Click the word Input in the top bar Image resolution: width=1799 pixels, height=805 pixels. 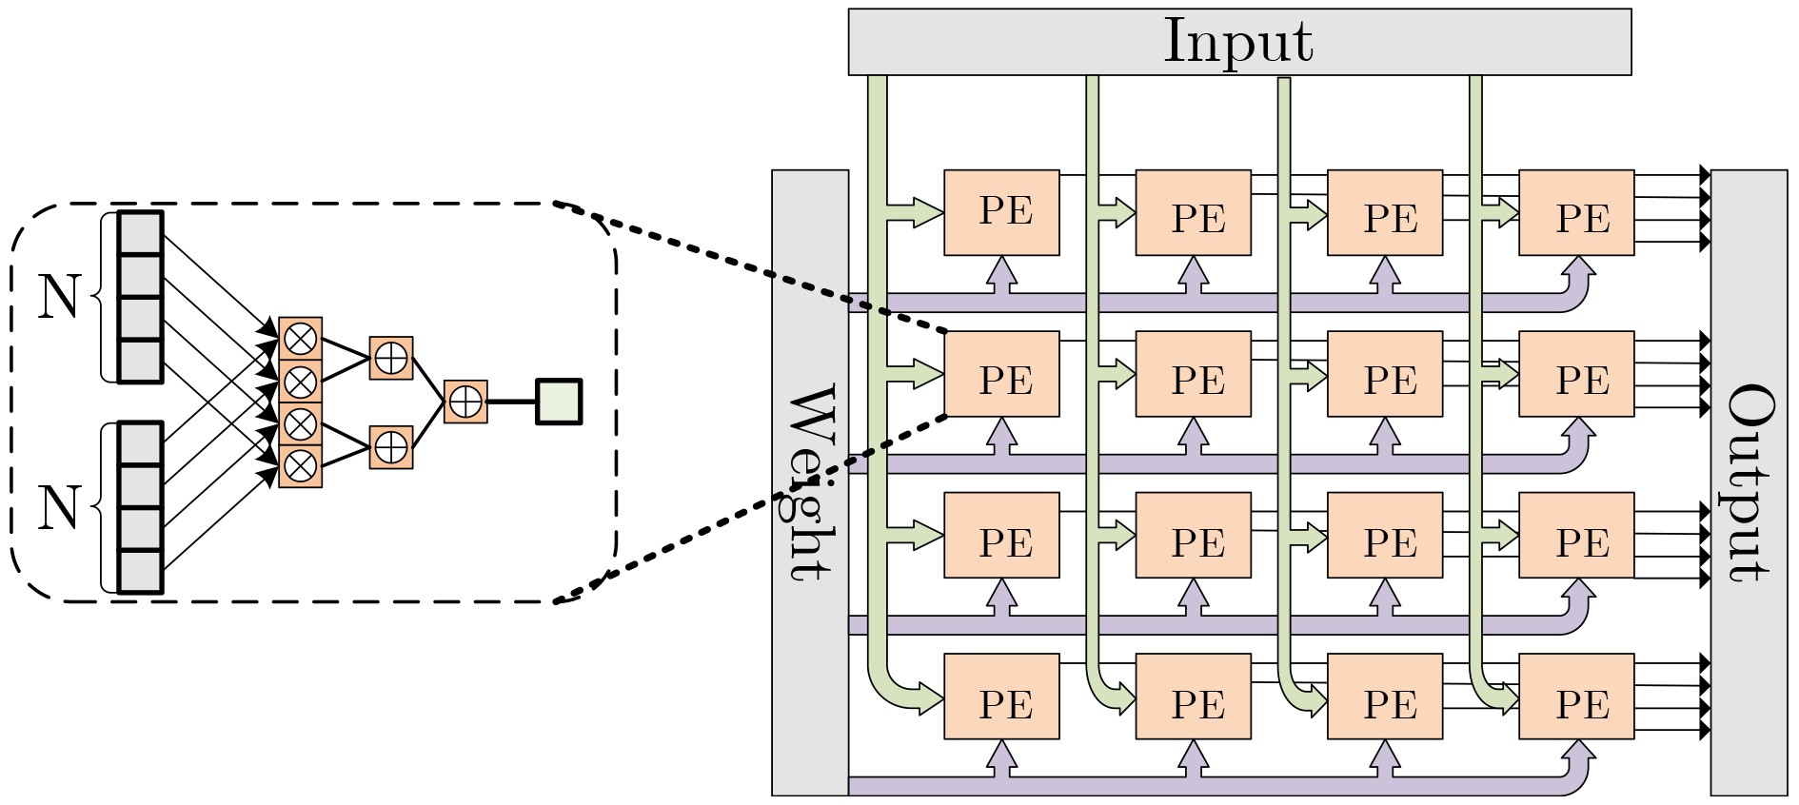[1238, 42]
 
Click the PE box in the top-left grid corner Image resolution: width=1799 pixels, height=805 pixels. [1001, 212]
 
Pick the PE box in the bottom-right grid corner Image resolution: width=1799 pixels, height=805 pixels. [1576, 697]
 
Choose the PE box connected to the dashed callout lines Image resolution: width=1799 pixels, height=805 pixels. [1001, 374]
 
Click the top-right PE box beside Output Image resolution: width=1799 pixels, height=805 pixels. [1576, 212]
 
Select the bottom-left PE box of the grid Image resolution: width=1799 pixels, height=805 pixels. [1001, 697]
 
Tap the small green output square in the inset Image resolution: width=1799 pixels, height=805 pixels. [559, 402]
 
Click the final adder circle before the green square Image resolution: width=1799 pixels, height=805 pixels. [465, 402]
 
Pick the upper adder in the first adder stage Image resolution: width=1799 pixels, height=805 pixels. [391, 358]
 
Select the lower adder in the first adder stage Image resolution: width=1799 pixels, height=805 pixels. [391, 446]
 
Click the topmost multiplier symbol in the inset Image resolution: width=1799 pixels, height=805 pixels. [301, 338]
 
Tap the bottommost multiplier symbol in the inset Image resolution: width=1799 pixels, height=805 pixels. [301, 466]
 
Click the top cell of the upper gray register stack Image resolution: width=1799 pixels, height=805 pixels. [140, 233]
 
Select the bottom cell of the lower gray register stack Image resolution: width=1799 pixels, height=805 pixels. [140, 571]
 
